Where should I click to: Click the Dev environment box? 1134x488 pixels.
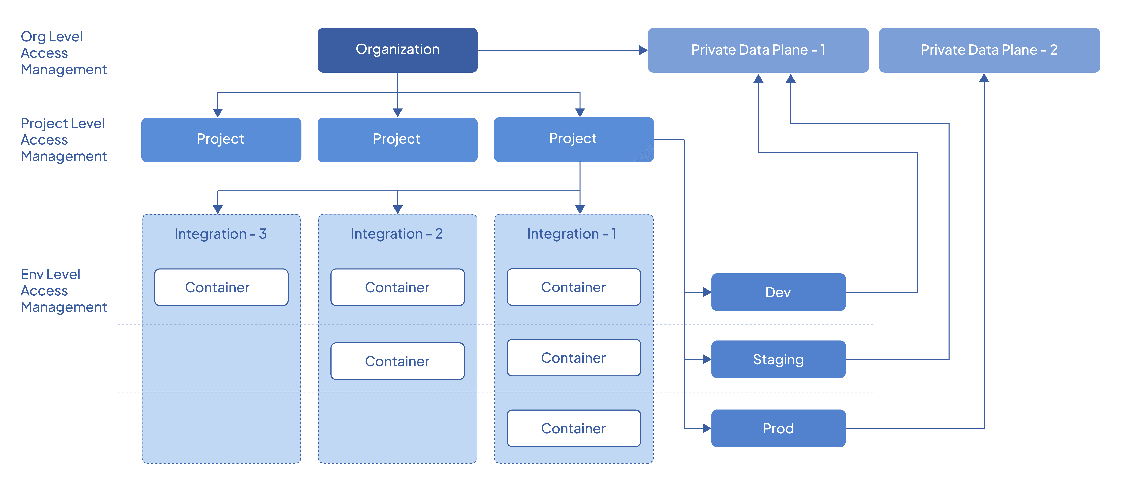pyautogui.click(x=778, y=292)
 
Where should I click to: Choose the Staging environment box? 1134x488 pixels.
pyautogui.click(x=778, y=360)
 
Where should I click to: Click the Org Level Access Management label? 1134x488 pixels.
pyautogui.click(x=64, y=53)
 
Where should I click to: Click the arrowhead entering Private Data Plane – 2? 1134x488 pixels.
pyautogui.click(x=984, y=78)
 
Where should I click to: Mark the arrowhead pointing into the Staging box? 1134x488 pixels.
pyautogui.click(x=707, y=360)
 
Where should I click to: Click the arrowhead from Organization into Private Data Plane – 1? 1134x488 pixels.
pyautogui.click(x=643, y=50)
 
